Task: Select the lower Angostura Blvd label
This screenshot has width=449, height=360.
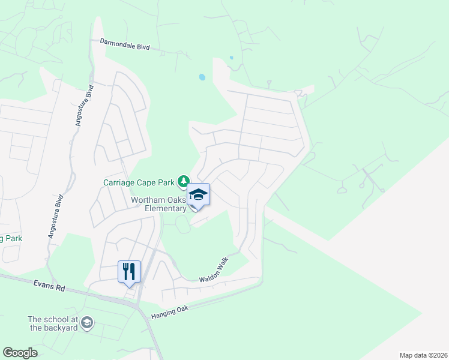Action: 56,216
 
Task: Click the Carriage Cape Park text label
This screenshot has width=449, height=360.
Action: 138,181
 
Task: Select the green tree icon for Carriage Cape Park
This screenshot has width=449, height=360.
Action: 183,181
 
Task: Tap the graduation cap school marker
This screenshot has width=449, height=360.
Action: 199,194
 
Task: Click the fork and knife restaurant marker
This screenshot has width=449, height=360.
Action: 129,271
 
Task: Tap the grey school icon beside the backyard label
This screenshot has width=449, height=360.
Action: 87,323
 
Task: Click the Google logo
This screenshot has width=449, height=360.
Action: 20,353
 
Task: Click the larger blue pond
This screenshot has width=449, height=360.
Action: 202,77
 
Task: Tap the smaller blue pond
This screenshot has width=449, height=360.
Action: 231,58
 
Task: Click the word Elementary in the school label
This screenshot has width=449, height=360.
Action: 166,208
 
